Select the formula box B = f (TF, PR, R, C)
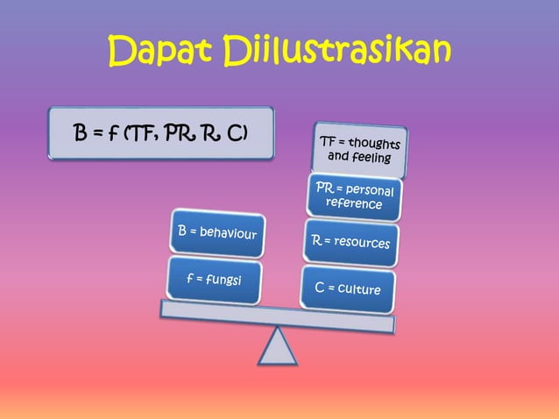(161, 133)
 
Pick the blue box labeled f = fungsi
(213, 280)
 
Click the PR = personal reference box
(353, 196)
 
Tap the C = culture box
(347, 285)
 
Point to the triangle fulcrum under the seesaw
(279, 346)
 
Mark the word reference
(353, 204)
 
